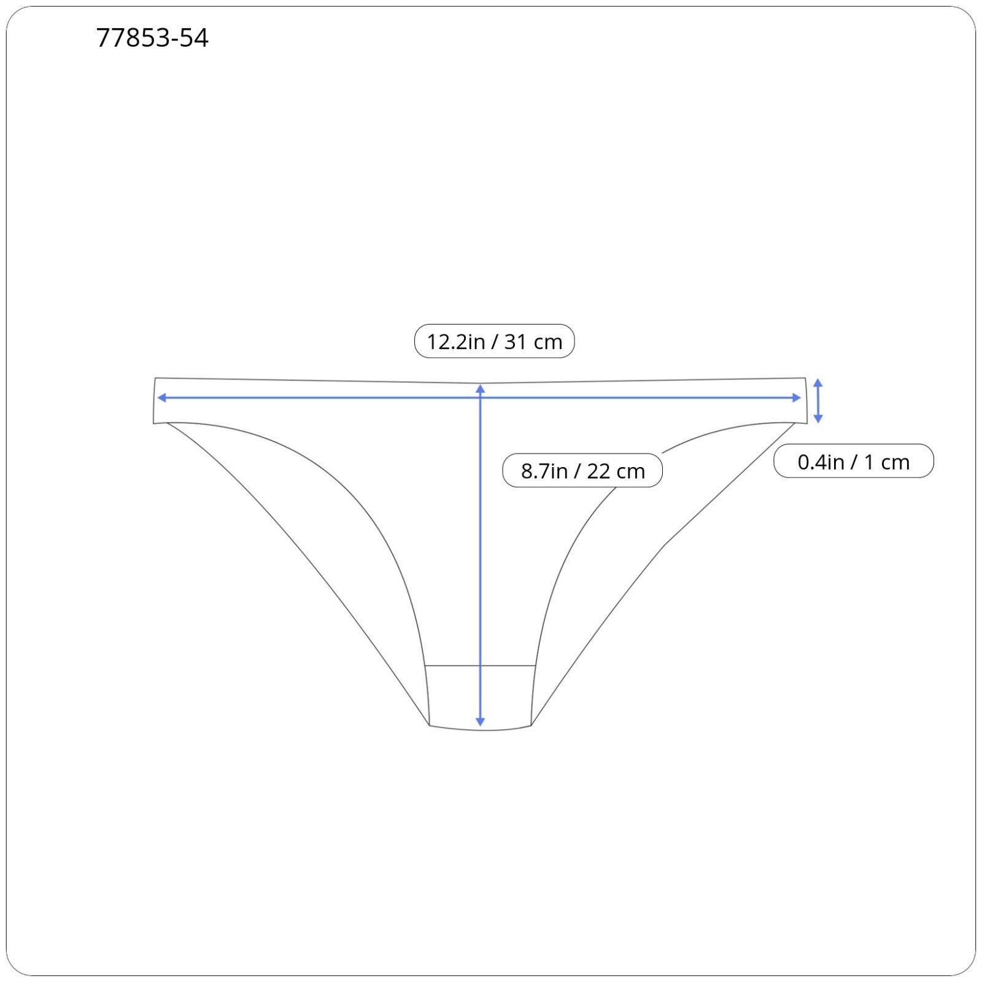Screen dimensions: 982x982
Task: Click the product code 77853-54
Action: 152,38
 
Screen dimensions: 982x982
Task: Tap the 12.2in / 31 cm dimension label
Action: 495,341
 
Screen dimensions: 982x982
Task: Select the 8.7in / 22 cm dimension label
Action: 582,471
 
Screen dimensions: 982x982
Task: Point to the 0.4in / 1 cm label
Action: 854,462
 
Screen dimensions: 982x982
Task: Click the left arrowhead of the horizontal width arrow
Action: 161,398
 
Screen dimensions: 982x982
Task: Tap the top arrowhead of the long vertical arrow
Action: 481,388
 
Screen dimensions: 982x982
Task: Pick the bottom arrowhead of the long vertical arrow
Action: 481,722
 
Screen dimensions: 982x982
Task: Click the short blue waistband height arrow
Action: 818,401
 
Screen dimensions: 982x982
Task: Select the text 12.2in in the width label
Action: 455,342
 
